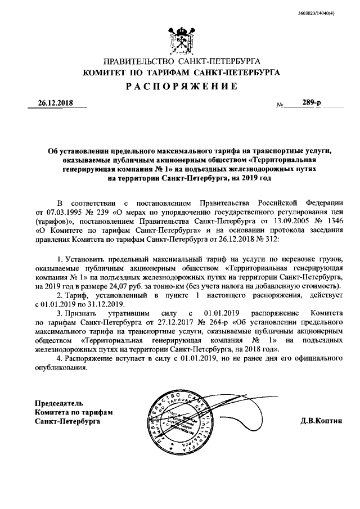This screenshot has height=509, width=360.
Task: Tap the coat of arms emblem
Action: click(180, 39)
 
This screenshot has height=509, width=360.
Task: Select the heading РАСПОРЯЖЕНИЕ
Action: click(180, 86)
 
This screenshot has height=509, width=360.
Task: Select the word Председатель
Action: click(59, 403)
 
